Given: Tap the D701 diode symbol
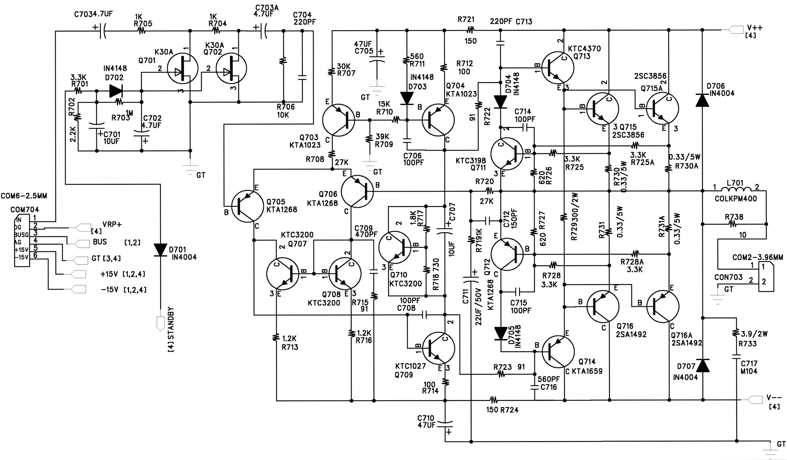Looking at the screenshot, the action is pyautogui.click(x=161, y=250).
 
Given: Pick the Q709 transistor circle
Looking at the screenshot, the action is pyautogui.click(x=438, y=349).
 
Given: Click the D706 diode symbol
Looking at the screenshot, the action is pyautogui.click(x=702, y=101).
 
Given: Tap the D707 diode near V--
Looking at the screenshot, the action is pyautogui.click(x=702, y=366).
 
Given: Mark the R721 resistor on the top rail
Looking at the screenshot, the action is pyautogui.click(x=470, y=30).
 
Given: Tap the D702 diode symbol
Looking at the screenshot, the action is pyautogui.click(x=116, y=91).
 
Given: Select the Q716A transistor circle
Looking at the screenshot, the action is pyautogui.click(x=662, y=306).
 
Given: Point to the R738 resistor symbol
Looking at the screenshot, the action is pyautogui.click(x=734, y=223).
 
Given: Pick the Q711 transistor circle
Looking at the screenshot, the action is pyautogui.click(x=507, y=154).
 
